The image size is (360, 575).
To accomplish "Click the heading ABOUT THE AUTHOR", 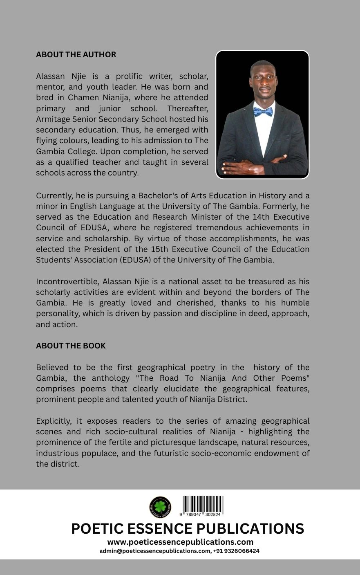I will (76, 55).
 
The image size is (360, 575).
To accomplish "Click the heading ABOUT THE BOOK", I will (71, 346).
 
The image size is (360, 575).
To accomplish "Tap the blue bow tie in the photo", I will (263, 112).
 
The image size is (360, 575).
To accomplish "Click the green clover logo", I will (160, 507).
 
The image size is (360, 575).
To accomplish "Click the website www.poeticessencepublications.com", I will (180, 542).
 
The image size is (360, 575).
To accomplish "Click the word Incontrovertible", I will (67, 281).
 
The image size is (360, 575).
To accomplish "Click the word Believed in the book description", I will (53, 367).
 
